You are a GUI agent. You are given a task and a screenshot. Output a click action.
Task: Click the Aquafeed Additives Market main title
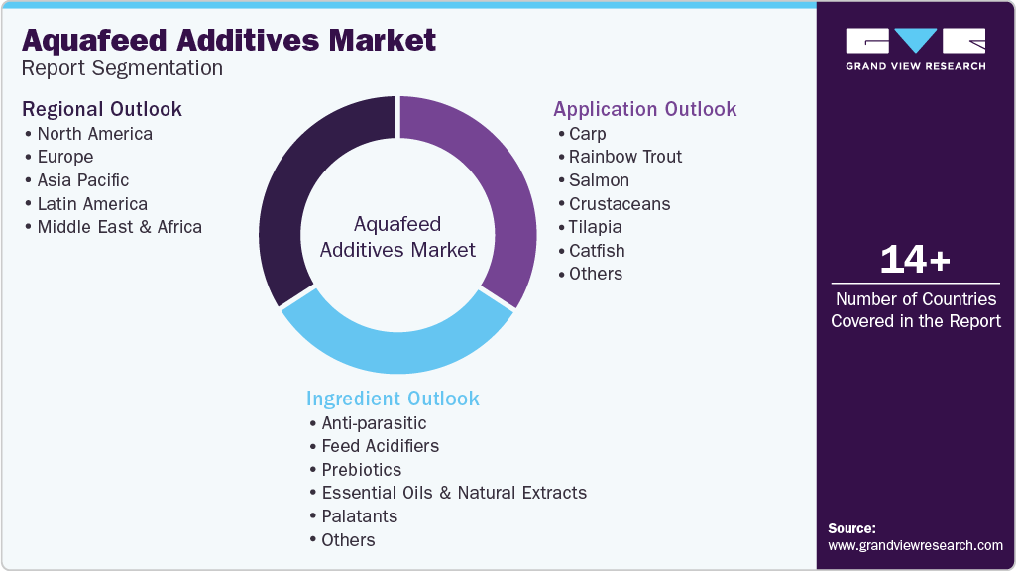(x=229, y=40)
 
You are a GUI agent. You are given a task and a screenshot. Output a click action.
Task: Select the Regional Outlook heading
(x=102, y=108)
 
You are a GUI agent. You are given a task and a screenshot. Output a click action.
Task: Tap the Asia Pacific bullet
(x=83, y=180)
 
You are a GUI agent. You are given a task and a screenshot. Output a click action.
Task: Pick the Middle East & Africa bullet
(x=119, y=227)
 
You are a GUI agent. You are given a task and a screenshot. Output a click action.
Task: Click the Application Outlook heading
(x=644, y=109)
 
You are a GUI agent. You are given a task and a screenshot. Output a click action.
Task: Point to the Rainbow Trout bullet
(x=625, y=157)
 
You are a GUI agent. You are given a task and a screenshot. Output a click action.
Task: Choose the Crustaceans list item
(x=620, y=204)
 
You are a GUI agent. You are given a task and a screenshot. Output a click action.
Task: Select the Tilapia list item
(x=597, y=227)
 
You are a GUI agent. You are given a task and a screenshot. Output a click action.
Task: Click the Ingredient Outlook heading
(x=393, y=399)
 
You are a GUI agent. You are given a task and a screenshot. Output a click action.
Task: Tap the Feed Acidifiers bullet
(x=380, y=446)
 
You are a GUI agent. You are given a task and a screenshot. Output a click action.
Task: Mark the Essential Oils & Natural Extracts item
(x=454, y=493)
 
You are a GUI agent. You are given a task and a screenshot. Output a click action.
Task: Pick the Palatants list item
(x=359, y=516)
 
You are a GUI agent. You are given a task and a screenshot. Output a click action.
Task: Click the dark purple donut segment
(x=297, y=188)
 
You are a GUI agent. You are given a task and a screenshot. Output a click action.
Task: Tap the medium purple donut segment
(x=496, y=188)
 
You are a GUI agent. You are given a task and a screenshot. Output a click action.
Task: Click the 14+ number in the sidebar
(x=915, y=261)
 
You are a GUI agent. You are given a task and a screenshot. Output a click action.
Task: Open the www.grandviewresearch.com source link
(x=915, y=545)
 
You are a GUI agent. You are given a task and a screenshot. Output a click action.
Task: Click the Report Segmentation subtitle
(x=123, y=68)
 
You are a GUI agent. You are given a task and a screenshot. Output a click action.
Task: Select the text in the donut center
(x=397, y=237)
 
